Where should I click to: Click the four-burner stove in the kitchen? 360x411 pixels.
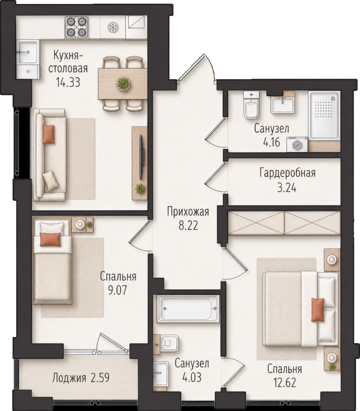click(76, 27)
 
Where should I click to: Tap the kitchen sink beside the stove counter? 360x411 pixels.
click(27, 52)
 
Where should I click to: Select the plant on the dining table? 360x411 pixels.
click(123, 83)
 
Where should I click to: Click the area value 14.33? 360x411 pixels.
click(68, 82)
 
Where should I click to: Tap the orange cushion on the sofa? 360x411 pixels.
click(49, 134)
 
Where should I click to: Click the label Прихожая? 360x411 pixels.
click(188, 211)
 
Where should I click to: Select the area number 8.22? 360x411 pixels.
click(188, 225)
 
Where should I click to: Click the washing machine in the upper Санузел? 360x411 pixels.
click(297, 144)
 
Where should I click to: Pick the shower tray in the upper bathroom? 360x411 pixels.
click(324, 115)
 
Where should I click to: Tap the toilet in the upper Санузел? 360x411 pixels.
click(251, 105)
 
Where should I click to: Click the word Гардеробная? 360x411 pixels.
click(287, 173)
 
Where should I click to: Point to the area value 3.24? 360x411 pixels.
click(287, 188)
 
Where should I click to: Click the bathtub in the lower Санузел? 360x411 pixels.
click(188, 309)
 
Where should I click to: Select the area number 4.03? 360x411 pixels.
click(192, 377)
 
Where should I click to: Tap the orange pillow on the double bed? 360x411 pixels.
click(317, 309)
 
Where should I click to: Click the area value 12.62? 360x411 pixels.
click(285, 383)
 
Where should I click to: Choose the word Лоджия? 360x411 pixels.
click(69, 378)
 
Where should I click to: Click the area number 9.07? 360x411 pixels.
click(118, 290)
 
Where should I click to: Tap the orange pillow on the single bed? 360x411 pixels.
click(50, 240)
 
